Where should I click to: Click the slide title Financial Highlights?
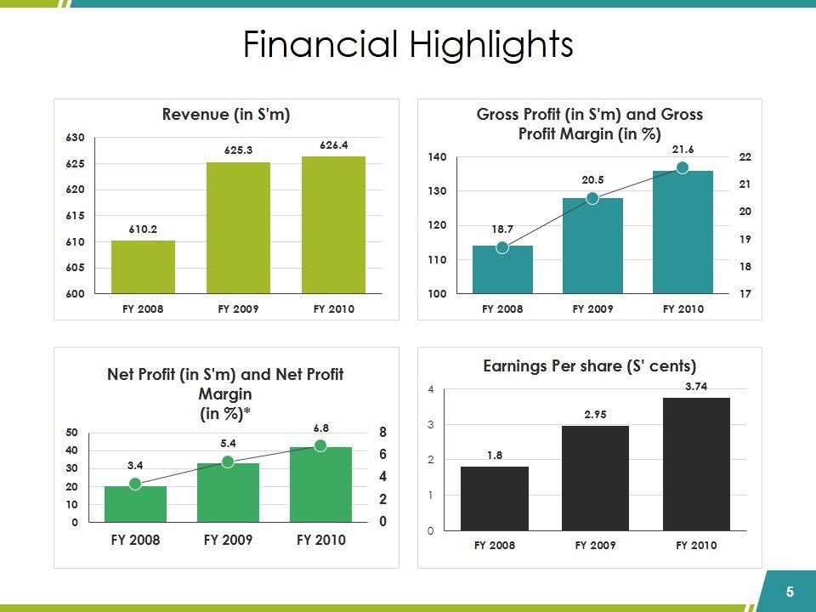click(x=408, y=45)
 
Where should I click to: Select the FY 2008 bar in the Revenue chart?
click(x=143, y=267)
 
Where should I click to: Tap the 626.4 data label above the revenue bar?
click(x=334, y=145)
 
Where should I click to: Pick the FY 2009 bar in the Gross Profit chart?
click(x=592, y=246)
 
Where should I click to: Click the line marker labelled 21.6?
click(x=683, y=168)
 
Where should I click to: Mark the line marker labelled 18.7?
click(x=502, y=247)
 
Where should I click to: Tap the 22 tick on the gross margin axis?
click(x=745, y=157)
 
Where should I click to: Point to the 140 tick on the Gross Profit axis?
click(x=437, y=157)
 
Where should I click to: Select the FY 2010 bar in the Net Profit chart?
click(x=320, y=484)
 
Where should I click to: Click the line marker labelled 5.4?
click(x=228, y=462)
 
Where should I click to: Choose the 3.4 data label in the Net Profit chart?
click(x=135, y=465)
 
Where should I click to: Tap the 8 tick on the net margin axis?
click(x=382, y=433)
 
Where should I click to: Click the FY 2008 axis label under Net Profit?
click(x=135, y=540)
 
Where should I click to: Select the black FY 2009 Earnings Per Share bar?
click(x=595, y=478)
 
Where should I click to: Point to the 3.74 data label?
click(x=696, y=387)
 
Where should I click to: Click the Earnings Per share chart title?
click(x=589, y=366)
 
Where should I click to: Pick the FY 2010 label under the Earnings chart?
click(x=696, y=545)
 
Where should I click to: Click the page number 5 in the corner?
click(x=790, y=592)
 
